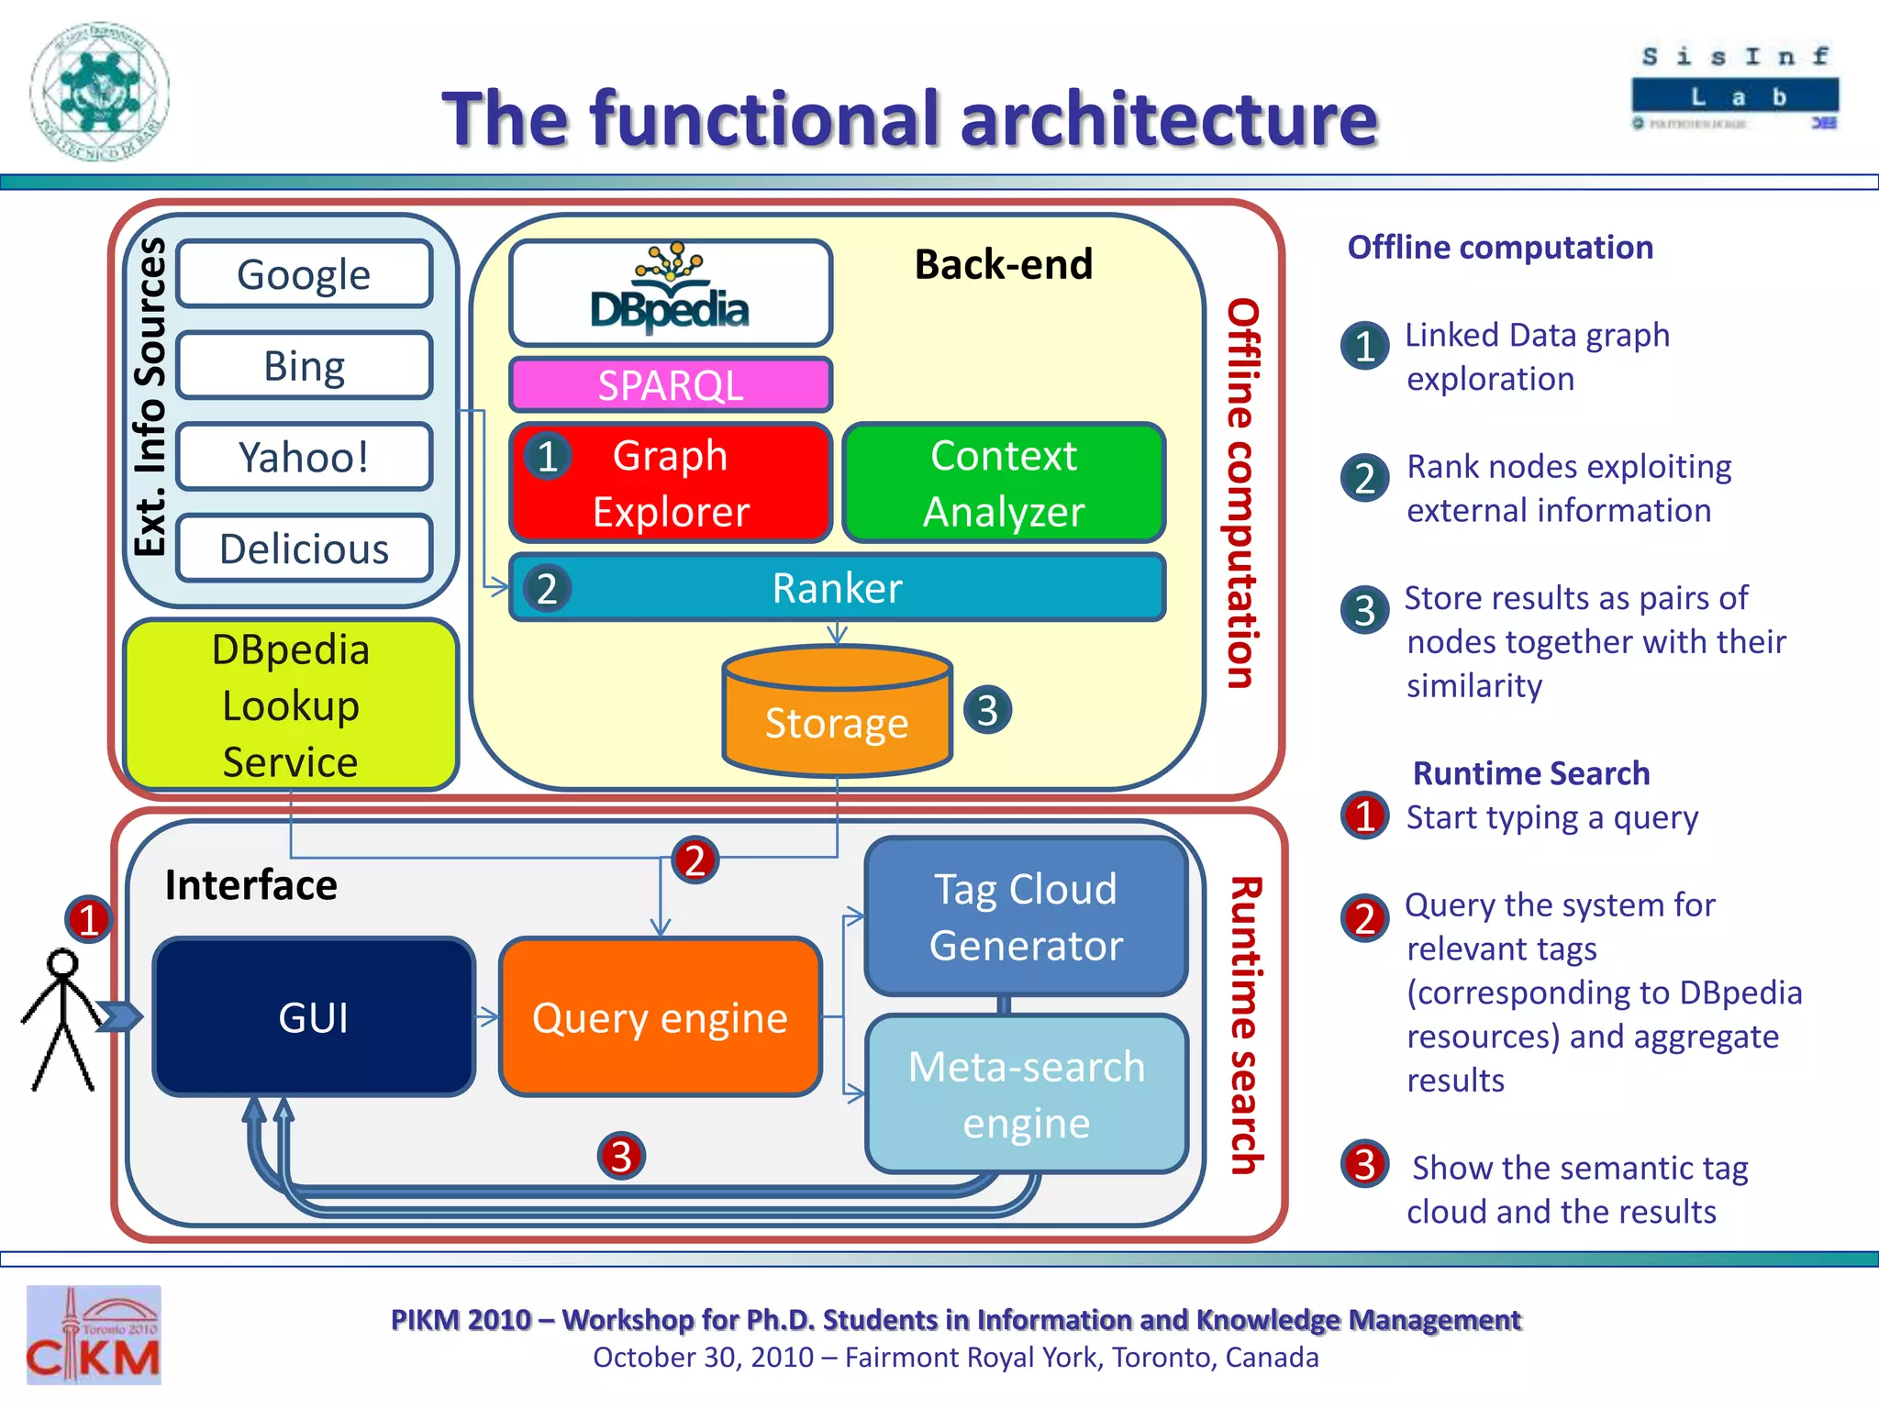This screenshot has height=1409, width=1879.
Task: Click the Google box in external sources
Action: tap(304, 274)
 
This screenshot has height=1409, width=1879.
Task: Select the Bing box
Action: tap(304, 365)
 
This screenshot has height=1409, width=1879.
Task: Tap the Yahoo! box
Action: tap(304, 457)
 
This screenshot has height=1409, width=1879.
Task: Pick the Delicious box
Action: tap(304, 549)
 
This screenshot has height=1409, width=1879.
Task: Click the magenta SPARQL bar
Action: tap(671, 385)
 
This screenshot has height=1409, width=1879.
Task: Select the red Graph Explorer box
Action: tap(671, 483)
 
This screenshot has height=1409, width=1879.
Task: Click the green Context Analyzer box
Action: tap(1004, 483)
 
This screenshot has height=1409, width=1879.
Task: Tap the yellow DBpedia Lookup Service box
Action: tap(291, 704)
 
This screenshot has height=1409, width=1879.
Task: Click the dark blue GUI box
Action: tap(314, 1017)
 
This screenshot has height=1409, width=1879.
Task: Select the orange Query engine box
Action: tap(660, 1017)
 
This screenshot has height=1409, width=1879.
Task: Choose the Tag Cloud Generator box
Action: tap(1026, 916)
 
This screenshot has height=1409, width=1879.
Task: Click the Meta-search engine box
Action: tap(1026, 1093)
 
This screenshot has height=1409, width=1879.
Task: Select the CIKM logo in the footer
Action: tap(94, 1336)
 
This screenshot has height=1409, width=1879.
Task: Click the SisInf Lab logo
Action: tap(1735, 88)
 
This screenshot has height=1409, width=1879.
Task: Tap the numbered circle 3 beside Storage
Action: tap(987, 710)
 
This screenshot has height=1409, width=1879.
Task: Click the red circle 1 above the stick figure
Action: tap(88, 919)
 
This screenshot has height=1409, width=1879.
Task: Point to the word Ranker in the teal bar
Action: tap(837, 588)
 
